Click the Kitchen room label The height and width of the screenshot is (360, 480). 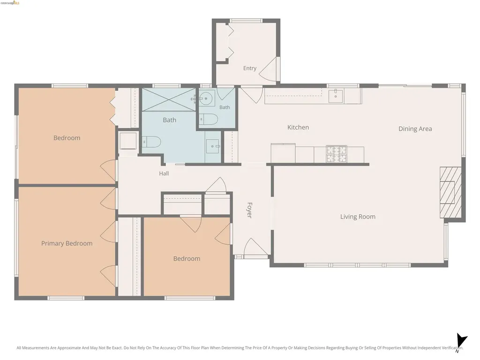298,127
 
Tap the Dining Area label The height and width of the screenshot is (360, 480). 415,129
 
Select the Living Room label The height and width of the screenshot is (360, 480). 358,217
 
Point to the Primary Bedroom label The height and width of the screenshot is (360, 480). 67,243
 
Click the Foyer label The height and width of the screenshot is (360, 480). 249,210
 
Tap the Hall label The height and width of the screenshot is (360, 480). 164,173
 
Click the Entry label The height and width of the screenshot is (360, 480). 250,68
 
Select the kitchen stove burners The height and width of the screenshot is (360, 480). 337,154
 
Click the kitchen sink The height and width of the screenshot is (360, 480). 336,96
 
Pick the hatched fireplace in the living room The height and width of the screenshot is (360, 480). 450,193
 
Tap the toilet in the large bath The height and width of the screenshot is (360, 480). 151,142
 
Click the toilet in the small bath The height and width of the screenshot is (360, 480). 209,119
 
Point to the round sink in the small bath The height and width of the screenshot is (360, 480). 206,98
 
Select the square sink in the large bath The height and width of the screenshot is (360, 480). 212,146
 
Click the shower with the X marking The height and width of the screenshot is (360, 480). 169,100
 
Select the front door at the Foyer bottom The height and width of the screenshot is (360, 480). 255,247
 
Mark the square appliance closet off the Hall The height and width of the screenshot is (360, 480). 127,141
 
